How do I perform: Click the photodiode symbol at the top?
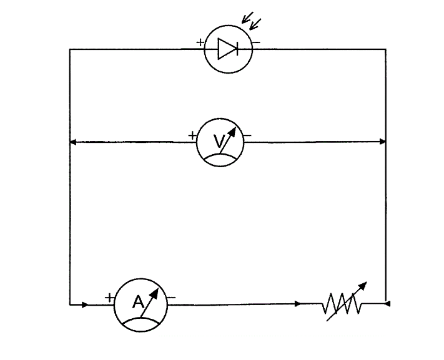229,49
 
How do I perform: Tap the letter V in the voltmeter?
218,143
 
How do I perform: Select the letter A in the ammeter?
138,303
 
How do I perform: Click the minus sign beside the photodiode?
257,43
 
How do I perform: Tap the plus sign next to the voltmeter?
192,135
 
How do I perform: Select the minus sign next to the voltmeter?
248,135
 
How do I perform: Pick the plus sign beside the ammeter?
110,298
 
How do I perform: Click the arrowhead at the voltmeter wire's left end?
72,142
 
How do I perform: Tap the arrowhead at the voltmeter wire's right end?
383,142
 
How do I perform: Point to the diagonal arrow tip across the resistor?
362,285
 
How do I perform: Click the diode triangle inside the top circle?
225,49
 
